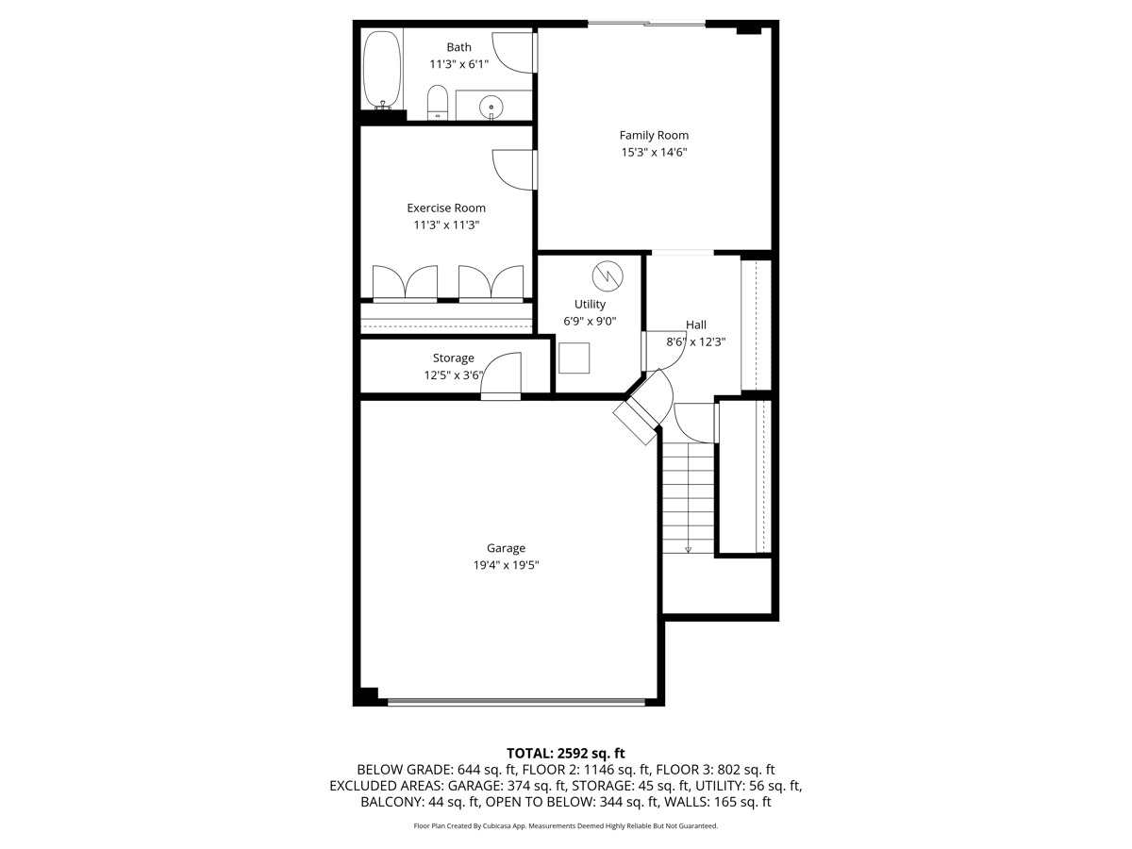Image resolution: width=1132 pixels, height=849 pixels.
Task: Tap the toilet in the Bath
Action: coord(438,103)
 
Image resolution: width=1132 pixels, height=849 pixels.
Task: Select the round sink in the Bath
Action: coord(491,107)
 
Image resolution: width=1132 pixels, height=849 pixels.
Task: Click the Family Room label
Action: coord(654,135)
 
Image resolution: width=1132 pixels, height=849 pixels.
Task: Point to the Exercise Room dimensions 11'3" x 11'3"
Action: coord(446,225)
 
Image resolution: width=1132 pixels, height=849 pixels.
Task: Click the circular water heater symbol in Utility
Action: coord(608,275)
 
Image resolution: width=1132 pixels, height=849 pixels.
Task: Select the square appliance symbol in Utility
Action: coord(574,358)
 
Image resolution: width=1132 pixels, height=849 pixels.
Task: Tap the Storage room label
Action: coord(453,358)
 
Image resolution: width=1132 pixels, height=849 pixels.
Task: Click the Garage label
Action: coord(506,548)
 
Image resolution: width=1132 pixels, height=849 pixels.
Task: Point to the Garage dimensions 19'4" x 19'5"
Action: coord(506,565)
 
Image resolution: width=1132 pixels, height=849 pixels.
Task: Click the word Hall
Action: coord(696,325)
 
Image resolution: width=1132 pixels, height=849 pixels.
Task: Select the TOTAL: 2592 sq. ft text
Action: coord(566,753)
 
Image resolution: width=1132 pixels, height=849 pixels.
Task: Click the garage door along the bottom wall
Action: coord(516,702)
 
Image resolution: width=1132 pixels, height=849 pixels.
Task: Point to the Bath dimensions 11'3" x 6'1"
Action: coord(458,64)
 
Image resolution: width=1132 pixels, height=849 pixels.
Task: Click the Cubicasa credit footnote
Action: coord(566,825)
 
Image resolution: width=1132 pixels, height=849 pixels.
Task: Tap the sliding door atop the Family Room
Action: coord(646,24)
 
